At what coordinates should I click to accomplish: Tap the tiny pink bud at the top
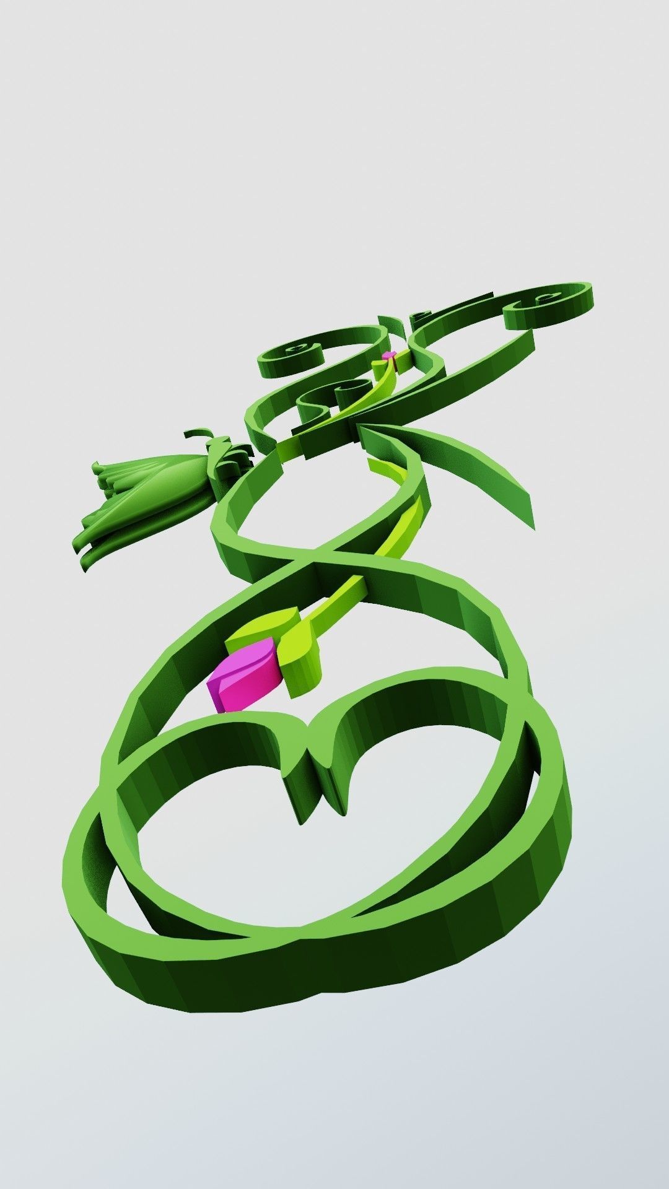click(x=389, y=355)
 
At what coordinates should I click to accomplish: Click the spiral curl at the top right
click(x=545, y=303)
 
